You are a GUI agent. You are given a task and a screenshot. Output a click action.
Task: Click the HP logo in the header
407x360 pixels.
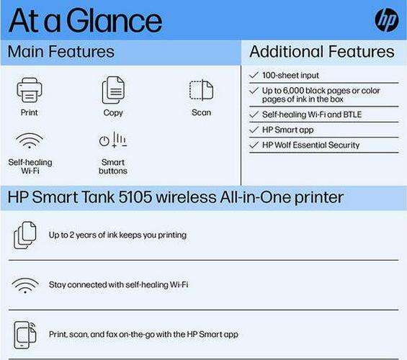(x=387, y=20)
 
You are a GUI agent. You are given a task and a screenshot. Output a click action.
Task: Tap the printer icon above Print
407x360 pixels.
(x=30, y=90)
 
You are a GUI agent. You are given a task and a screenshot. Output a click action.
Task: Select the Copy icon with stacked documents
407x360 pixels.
(x=113, y=90)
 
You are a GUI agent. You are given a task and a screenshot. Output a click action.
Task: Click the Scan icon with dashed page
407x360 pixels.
(x=201, y=90)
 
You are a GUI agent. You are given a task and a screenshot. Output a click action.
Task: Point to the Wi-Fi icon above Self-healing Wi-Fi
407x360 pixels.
(x=30, y=141)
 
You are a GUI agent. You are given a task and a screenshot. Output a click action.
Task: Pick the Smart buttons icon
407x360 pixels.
(x=113, y=140)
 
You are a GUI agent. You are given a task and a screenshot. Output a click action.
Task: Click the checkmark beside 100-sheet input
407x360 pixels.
(x=254, y=75)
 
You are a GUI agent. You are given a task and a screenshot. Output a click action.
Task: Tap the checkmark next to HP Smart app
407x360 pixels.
(x=254, y=130)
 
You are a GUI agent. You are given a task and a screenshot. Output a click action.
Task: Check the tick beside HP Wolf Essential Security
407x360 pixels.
(x=254, y=145)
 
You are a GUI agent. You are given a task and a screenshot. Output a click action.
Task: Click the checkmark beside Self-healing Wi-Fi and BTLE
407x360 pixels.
(x=254, y=114)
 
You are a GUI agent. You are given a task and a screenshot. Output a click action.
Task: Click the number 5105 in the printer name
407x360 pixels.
(x=135, y=197)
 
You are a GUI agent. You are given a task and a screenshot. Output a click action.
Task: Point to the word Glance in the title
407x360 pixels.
(x=115, y=21)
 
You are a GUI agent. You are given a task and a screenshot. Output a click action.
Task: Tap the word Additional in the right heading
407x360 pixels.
(x=287, y=51)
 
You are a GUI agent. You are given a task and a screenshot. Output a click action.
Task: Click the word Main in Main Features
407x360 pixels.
(x=25, y=51)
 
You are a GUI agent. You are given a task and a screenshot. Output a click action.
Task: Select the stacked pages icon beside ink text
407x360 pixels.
(x=25, y=235)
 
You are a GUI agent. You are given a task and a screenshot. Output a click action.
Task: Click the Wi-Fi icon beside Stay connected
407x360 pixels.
(x=25, y=285)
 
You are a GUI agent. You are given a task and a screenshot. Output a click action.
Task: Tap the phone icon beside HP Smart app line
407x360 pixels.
(x=25, y=335)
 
